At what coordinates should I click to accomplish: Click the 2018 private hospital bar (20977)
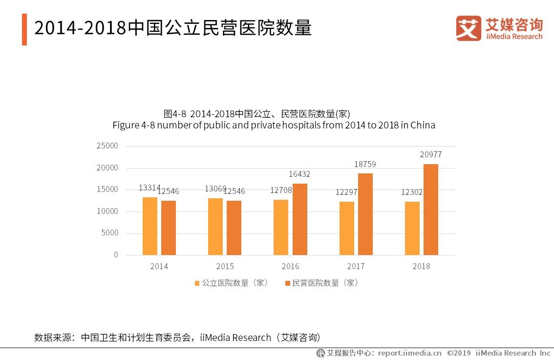(430, 210)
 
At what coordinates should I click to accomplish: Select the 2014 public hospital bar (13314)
(150, 226)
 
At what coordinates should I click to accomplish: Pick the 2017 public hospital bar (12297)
(347, 228)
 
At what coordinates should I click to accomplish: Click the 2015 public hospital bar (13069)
(215, 227)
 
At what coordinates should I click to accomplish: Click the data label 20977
(430, 155)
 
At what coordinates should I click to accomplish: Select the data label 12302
(411, 192)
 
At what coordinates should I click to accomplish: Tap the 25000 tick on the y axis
(107, 146)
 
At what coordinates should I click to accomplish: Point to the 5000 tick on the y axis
(109, 233)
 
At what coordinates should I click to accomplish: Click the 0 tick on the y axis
(116, 255)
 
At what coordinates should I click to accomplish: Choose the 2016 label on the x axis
(290, 267)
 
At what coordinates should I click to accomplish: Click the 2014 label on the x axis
(159, 267)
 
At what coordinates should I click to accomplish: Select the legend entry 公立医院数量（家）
(232, 283)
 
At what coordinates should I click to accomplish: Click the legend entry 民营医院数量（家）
(322, 283)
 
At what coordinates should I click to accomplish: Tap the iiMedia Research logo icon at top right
(469, 28)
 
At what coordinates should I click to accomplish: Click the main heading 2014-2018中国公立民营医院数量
(173, 29)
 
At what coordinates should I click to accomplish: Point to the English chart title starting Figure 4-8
(274, 126)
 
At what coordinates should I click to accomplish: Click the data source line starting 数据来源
(178, 338)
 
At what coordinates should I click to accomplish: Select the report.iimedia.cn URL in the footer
(409, 353)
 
